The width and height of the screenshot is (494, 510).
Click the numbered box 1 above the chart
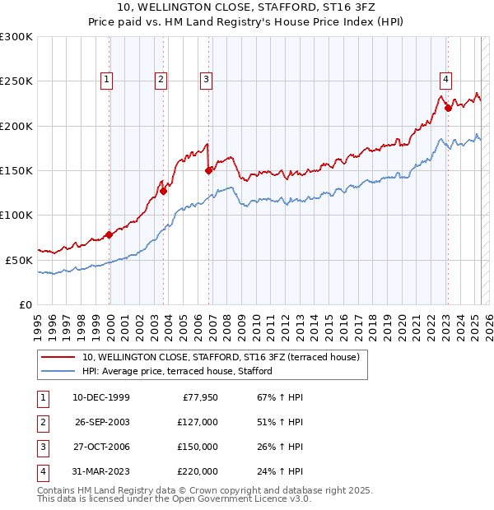(108, 80)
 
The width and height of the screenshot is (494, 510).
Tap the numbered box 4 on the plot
(445, 80)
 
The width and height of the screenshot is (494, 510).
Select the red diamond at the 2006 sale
(209, 170)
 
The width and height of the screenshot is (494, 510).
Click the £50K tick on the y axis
(20, 260)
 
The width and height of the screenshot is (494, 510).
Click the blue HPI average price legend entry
(177, 372)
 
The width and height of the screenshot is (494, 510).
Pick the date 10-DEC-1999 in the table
(100, 397)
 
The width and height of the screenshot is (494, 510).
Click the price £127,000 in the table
(198, 422)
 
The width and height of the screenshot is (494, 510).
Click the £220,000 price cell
(198, 471)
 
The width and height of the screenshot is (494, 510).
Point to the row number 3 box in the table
(42, 447)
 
